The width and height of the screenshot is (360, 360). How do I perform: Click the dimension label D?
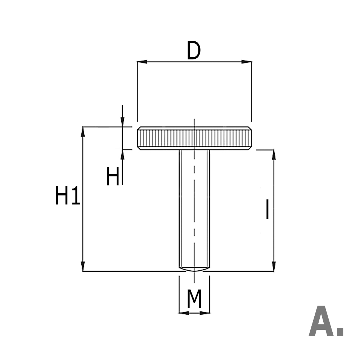(x=193, y=51)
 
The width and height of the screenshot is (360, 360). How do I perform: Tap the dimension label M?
(x=194, y=300)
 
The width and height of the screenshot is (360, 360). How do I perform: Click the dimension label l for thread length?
(x=267, y=210)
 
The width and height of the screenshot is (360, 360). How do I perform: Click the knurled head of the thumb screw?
(x=194, y=138)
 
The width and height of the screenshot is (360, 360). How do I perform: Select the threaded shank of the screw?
(x=194, y=209)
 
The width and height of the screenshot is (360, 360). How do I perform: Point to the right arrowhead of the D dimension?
(x=247, y=62)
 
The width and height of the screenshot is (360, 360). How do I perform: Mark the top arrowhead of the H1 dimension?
(x=83, y=131)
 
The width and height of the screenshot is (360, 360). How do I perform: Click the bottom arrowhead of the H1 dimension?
(x=83, y=266)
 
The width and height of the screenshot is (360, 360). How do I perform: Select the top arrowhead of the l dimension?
(x=274, y=154)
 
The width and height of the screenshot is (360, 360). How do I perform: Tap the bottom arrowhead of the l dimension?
(x=274, y=266)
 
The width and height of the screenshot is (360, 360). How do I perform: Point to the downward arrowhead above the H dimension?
(x=122, y=122)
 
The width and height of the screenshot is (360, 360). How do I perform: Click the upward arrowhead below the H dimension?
(x=122, y=154)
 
